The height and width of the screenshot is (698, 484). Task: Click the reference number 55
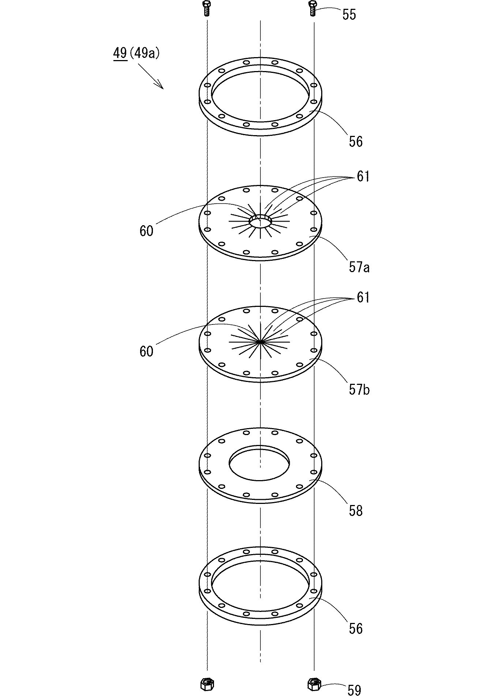pos(349,15)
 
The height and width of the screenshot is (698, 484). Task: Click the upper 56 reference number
pos(355,141)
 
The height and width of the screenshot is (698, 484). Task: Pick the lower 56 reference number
pos(355,629)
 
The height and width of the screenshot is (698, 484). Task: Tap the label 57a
pos(359,268)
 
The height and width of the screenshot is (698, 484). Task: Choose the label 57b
pos(359,390)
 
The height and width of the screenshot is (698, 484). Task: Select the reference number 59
pos(354,690)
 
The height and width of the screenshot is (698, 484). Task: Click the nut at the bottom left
pos(207,684)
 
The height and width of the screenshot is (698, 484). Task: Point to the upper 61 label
pos(363,177)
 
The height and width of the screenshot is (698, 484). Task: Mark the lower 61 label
pos(363,298)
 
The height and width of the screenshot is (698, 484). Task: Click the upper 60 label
pos(146,231)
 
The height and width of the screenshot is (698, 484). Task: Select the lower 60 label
pos(146,352)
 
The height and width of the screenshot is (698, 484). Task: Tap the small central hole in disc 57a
pos(260,221)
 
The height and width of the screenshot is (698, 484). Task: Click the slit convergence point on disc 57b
pos(260,342)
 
